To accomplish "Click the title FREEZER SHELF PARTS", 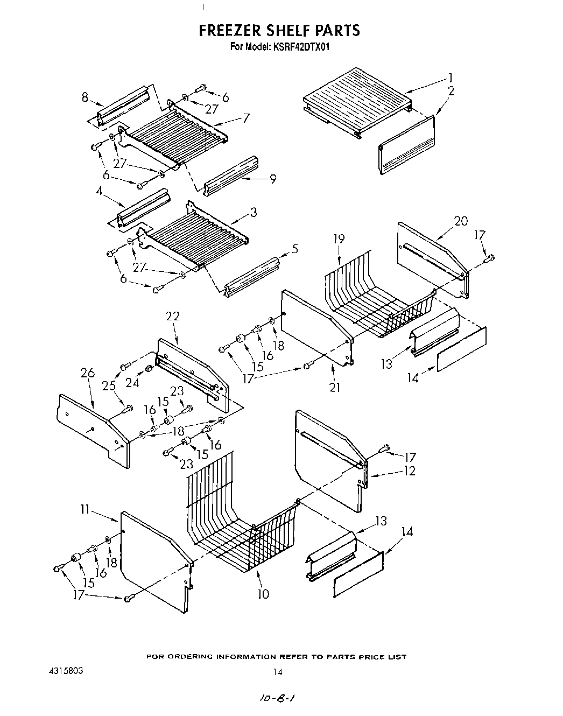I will pyautogui.click(x=279, y=30).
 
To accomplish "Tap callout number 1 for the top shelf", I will pyautogui.click(x=450, y=77).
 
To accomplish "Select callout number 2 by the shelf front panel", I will pyautogui.click(x=451, y=91).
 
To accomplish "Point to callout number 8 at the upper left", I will pyautogui.click(x=85, y=97).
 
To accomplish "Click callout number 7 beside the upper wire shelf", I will pyautogui.click(x=245, y=118).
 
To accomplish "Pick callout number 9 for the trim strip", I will pyautogui.click(x=273, y=179).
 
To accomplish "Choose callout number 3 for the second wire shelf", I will pyautogui.click(x=253, y=212).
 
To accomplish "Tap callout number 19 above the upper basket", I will pyautogui.click(x=339, y=239).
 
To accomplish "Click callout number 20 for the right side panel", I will pyautogui.click(x=461, y=221).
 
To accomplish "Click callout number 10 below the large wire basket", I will pyautogui.click(x=263, y=594).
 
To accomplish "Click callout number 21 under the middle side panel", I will pyautogui.click(x=335, y=387).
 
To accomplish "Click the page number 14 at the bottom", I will pyautogui.click(x=278, y=672).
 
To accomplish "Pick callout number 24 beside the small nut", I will pyautogui.click(x=132, y=383).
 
